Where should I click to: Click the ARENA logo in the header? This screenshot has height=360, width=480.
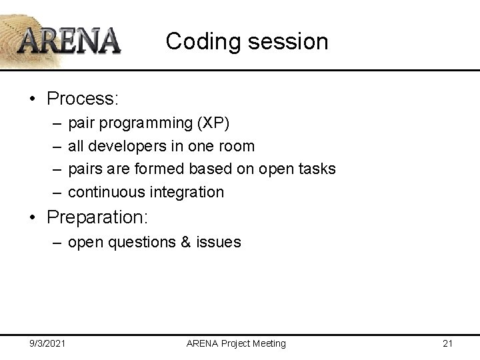(69, 40)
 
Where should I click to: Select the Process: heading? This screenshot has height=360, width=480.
(83, 99)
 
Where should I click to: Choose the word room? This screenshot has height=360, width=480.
(238, 146)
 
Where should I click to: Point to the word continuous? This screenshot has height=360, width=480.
(110, 192)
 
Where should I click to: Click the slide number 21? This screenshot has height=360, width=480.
(447, 343)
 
